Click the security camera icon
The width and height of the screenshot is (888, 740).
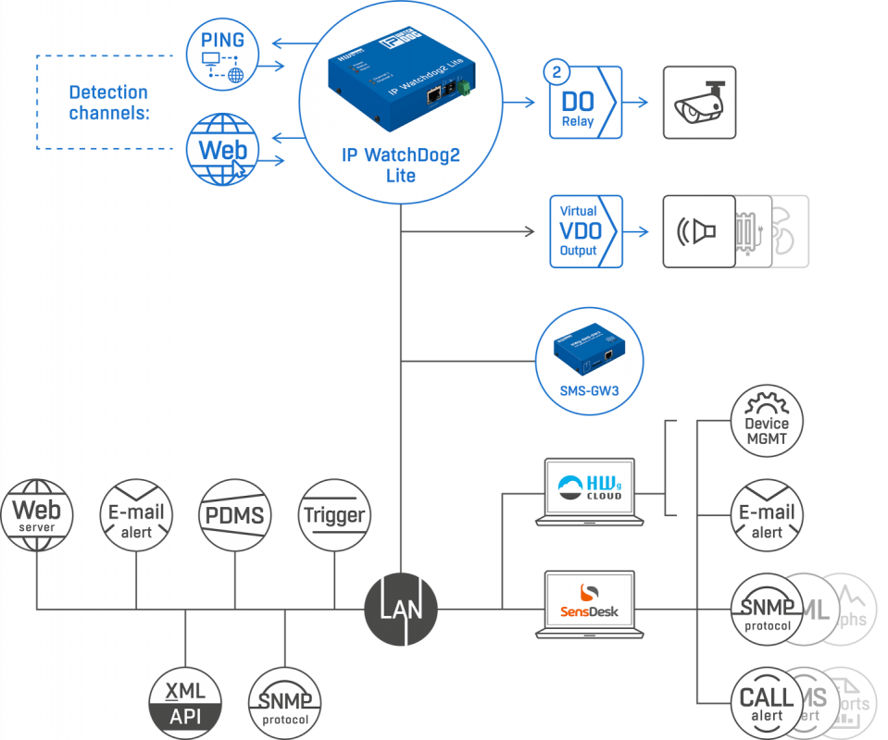[698, 102]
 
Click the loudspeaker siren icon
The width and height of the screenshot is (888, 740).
[697, 231]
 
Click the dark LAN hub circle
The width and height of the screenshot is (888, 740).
[400, 609]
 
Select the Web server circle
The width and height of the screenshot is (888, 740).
[36, 514]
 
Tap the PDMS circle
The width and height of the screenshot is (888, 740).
[235, 514]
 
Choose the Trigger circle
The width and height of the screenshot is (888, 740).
[334, 514]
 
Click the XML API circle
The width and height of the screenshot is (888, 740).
[185, 701]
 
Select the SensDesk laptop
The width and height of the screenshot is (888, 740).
[590, 605]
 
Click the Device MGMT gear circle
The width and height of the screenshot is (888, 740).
[767, 423]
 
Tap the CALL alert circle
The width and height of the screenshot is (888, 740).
[767, 702]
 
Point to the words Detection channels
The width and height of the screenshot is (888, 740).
[108, 102]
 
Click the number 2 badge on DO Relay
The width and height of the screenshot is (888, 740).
[557, 71]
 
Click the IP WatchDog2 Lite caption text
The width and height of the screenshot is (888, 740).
[400, 165]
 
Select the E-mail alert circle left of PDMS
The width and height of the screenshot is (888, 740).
[136, 514]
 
